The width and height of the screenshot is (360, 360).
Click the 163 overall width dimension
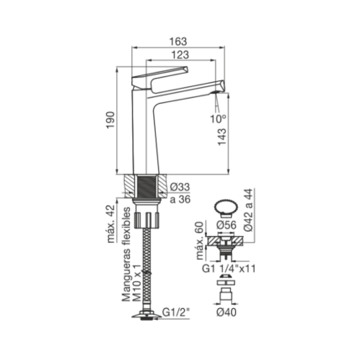tap(178, 41)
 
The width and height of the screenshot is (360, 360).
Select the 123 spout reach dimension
tap(181, 54)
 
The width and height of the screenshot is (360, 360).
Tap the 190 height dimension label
tap(111, 120)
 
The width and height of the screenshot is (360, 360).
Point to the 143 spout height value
tap(222, 136)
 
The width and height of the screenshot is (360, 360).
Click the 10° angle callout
tap(219, 119)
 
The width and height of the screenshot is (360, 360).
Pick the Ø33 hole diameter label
tap(180, 188)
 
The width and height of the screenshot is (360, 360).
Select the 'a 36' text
tap(180, 199)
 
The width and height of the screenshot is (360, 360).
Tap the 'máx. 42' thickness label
tap(111, 224)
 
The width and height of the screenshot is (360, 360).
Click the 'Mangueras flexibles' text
tap(126, 254)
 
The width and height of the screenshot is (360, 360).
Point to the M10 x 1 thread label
tap(136, 282)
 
